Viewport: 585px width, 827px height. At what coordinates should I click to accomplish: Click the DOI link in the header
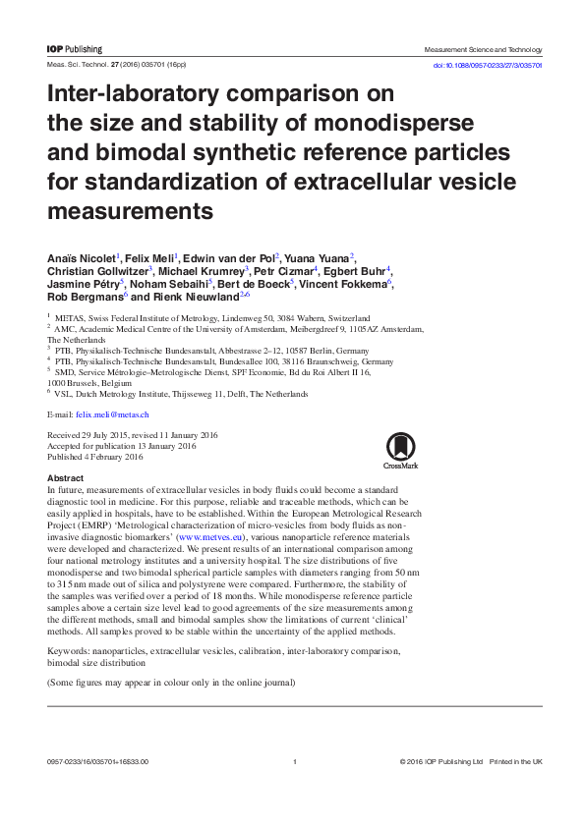pos(489,64)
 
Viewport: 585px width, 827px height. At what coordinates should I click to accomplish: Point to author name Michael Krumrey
pos(205,270)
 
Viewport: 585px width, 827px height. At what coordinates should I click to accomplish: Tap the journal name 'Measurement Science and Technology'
pos(483,49)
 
